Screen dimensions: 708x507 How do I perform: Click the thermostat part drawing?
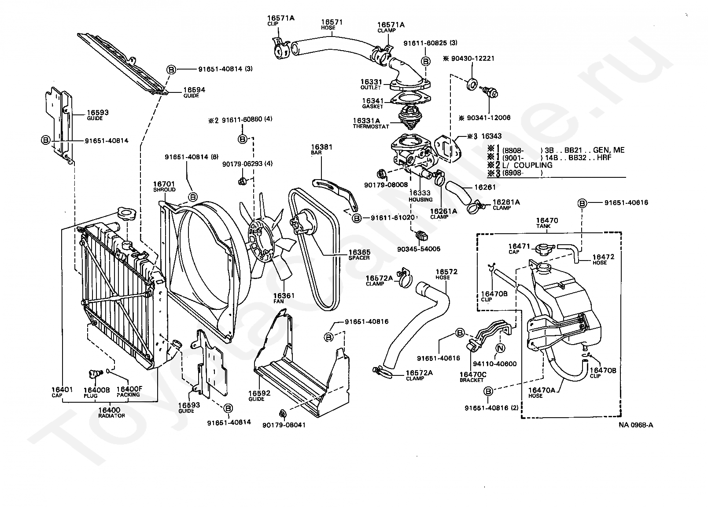click(410, 117)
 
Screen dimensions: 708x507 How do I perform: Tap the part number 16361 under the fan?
click(284, 296)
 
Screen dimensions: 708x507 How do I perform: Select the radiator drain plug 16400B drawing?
click(95, 374)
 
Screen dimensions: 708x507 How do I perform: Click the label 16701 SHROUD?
click(164, 186)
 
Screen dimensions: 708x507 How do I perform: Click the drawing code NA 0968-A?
click(636, 425)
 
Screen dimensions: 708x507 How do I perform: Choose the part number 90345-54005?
click(419, 249)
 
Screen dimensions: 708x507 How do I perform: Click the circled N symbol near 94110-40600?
click(500, 348)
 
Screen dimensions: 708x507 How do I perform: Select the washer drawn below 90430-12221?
click(472, 85)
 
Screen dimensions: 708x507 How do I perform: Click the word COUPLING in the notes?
click(533, 165)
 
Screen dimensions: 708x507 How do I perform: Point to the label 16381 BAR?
click(321, 149)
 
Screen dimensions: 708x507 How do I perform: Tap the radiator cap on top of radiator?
click(126, 213)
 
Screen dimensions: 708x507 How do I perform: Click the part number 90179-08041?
click(284, 425)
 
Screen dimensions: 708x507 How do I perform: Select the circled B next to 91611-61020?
click(357, 218)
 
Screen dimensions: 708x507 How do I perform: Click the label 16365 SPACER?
click(359, 255)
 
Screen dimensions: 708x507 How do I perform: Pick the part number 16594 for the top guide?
click(194, 90)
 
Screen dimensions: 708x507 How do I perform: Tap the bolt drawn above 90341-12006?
click(489, 92)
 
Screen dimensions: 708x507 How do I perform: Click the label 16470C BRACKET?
click(473, 377)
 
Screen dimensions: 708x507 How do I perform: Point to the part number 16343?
click(491, 136)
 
